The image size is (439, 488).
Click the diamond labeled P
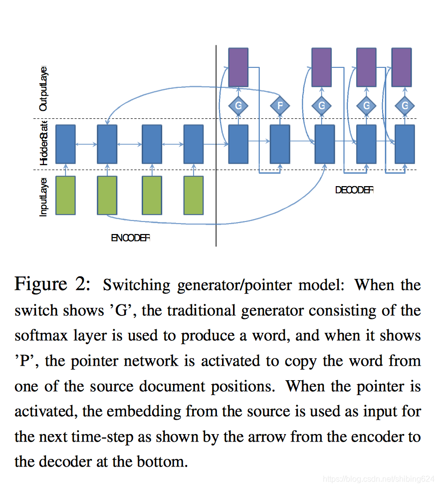pyautogui.click(x=280, y=105)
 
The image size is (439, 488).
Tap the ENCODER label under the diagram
pyautogui.click(x=130, y=238)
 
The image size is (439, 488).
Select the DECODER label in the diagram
pyautogui.click(x=354, y=190)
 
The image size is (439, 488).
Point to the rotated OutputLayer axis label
pyautogui.click(x=43, y=88)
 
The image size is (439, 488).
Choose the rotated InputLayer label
pyautogui.click(x=43, y=197)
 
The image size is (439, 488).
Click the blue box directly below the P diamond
pyautogui.click(x=280, y=144)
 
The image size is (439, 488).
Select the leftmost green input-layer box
pyautogui.click(x=65, y=195)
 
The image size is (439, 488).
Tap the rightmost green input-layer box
pyautogui.click(x=194, y=195)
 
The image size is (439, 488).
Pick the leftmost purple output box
pyautogui.click(x=238, y=67)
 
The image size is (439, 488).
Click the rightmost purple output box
pyautogui.click(x=402, y=67)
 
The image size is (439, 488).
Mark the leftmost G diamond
pyautogui.click(x=238, y=105)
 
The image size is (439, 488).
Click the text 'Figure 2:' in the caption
pyautogui.click(x=52, y=284)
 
